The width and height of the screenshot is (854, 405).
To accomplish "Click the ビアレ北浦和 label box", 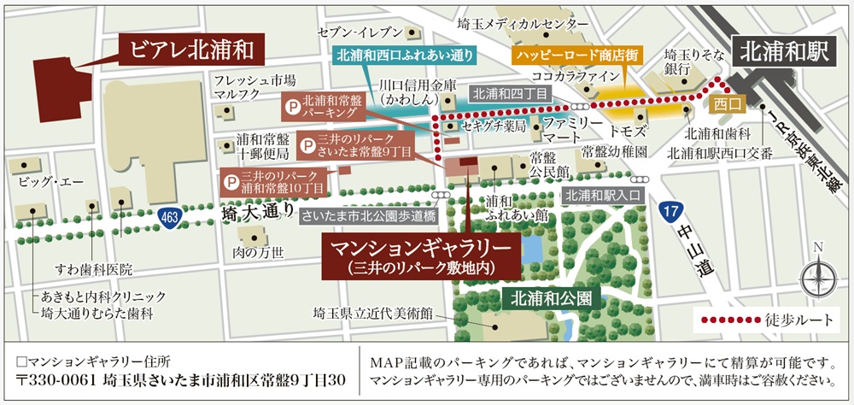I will tap(192, 49).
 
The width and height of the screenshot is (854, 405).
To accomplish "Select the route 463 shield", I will tap(170, 219).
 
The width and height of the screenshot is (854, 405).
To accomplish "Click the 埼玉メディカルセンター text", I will tap(523, 24).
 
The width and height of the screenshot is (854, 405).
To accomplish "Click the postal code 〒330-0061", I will tap(56, 379).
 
